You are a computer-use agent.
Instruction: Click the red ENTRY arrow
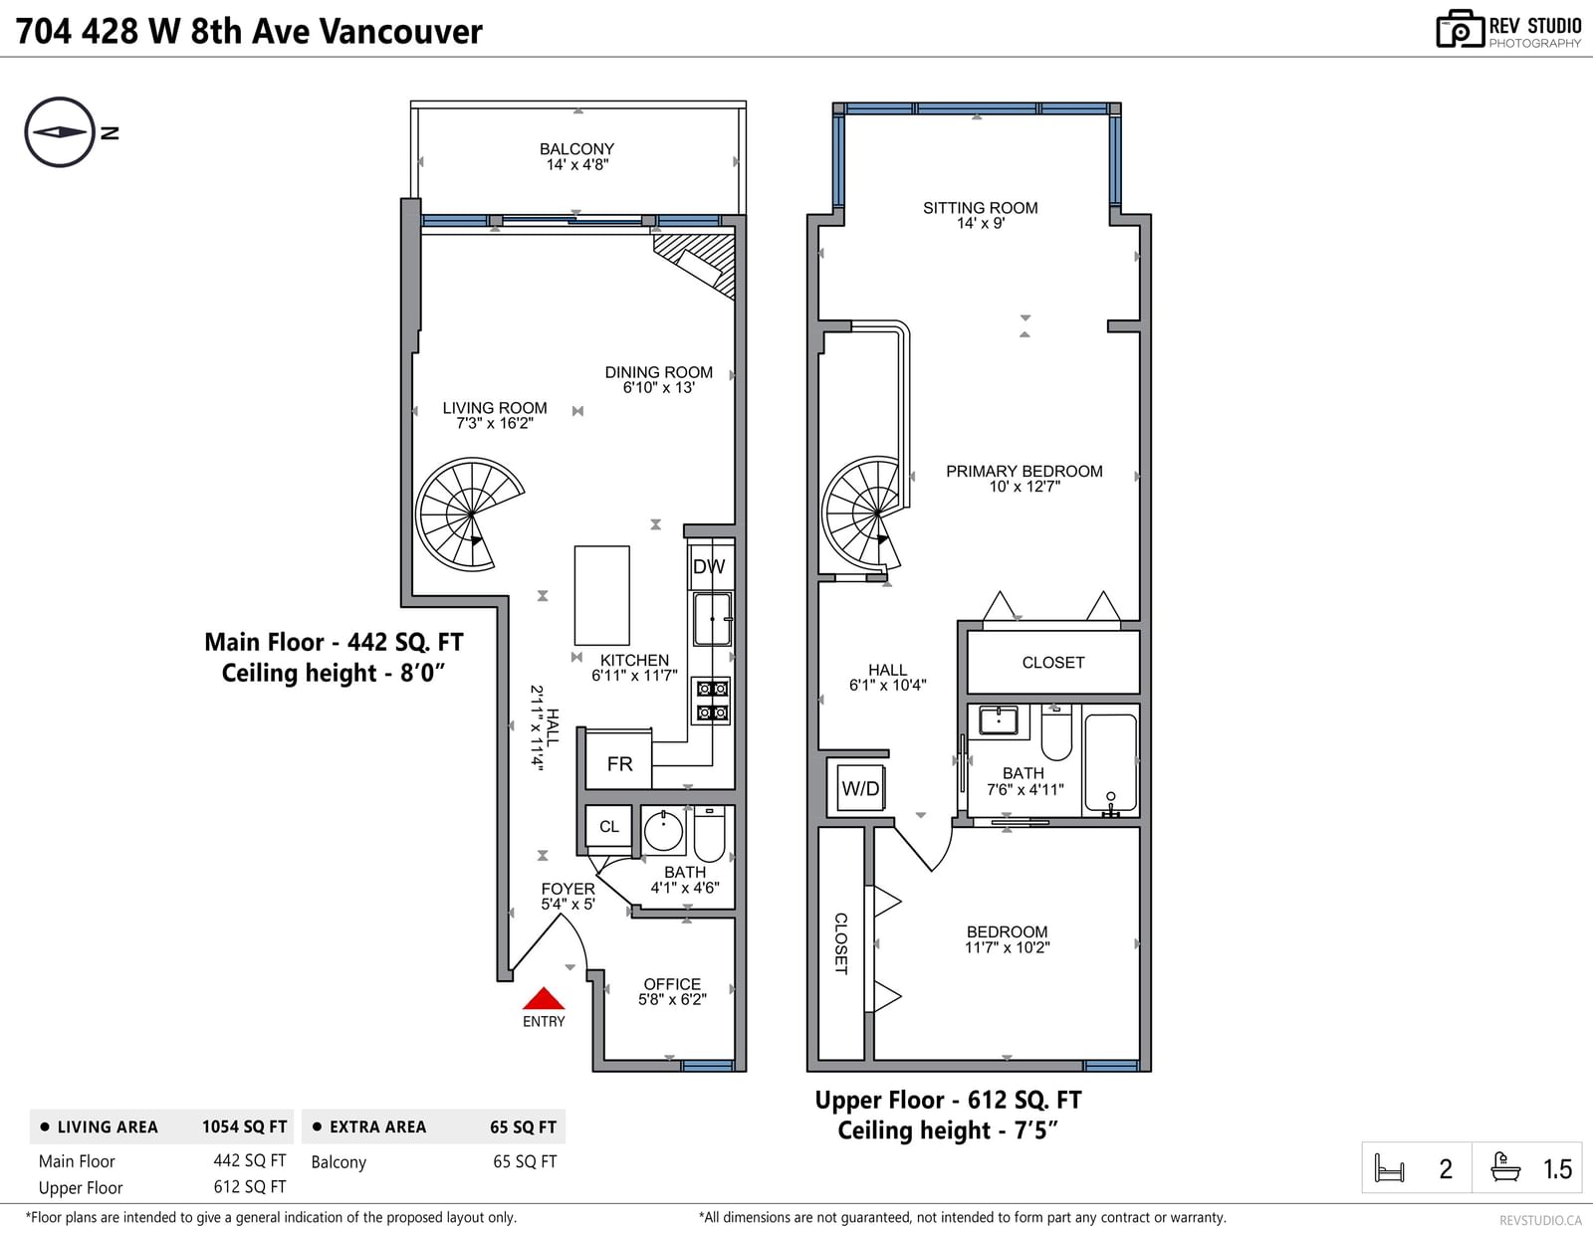tap(544, 998)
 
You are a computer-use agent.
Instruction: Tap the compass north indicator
tap(60, 132)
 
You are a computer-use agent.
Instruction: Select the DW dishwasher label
tap(709, 566)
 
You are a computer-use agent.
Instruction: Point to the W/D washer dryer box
tap(860, 788)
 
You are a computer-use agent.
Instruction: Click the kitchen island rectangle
tap(602, 595)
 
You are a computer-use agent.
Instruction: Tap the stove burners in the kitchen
tap(712, 701)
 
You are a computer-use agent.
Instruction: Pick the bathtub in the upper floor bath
tap(1111, 764)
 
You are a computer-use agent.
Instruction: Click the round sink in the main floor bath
tap(663, 831)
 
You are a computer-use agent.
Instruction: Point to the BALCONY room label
tap(576, 157)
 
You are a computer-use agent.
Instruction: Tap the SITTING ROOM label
tap(980, 215)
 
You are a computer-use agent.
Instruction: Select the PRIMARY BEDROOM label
tap(1024, 479)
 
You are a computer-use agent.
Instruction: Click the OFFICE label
tap(672, 991)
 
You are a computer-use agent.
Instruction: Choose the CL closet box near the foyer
tap(608, 826)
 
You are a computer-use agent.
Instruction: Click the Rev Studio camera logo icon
tap(1460, 29)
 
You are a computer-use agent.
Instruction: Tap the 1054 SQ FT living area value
tap(244, 1127)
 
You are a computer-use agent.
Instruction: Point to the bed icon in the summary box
tap(1389, 1167)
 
